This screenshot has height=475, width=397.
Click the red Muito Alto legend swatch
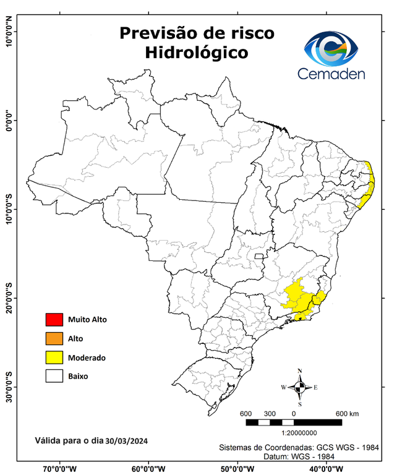(54, 320)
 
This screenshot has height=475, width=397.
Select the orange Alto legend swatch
(54, 338)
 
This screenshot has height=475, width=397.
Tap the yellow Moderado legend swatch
(54, 357)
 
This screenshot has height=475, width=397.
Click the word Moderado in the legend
(87, 357)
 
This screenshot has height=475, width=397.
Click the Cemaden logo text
(331, 74)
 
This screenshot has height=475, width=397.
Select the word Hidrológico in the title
(197, 53)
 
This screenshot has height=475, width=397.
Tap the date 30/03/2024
(126, 441)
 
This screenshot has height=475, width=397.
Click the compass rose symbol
(299, 388)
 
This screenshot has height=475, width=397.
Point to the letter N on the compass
(300, 371)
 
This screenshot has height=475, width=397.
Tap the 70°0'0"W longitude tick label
(61, 468)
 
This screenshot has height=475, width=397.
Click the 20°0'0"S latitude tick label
(9, 298)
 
